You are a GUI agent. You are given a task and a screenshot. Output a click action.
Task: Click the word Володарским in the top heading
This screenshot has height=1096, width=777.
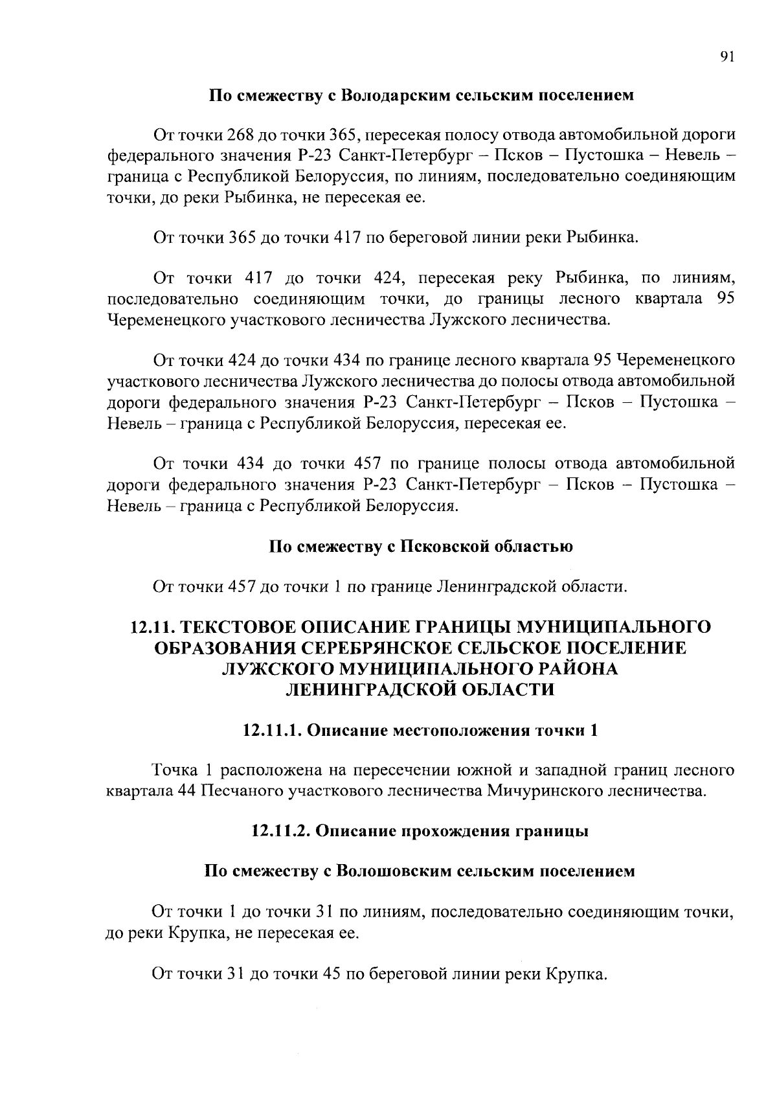pos(391,97)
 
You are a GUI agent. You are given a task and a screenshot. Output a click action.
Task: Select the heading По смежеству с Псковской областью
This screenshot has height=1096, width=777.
pos(421,546)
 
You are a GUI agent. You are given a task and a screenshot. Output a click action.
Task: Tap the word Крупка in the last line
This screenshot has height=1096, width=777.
pos(577,974)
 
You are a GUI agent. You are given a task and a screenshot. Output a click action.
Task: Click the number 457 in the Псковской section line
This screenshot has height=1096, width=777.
pos(242,587)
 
